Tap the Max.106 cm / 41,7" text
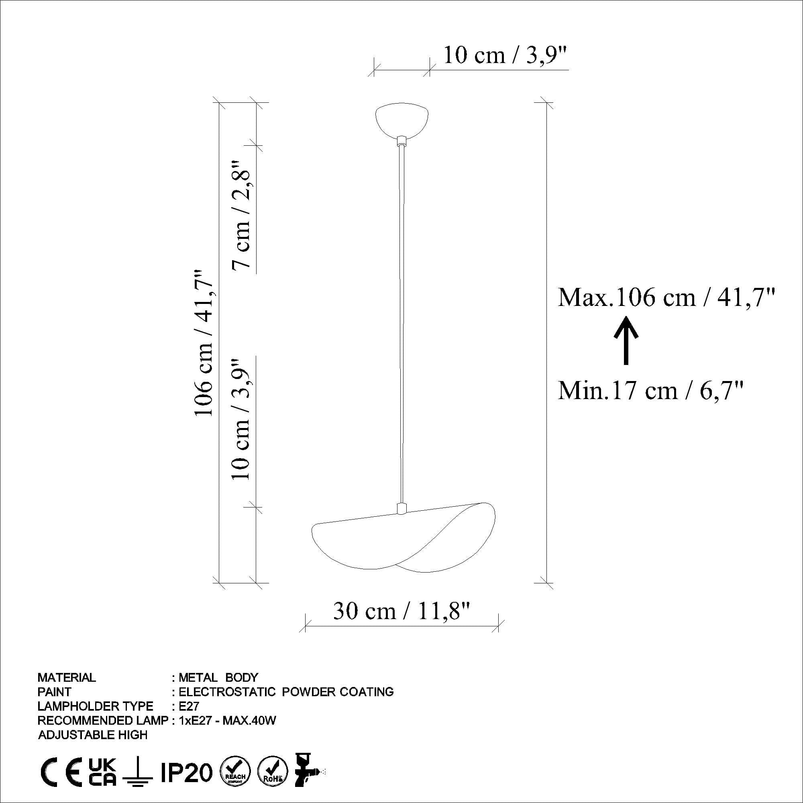tap(666, 298)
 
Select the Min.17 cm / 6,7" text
tap(650, 391)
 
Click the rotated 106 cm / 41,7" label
tap(204, 342)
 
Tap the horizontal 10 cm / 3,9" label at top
tap(505, 55)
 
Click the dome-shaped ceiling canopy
tap(401, 120)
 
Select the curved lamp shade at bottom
tap(403, 540)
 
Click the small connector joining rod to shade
tap(402, 508)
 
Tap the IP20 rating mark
tap(187, 772)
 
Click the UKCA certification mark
tap(103, 772)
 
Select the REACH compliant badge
tap(235, 772)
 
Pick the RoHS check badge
tap(273, 772)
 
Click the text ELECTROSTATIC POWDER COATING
tap(286, 692)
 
